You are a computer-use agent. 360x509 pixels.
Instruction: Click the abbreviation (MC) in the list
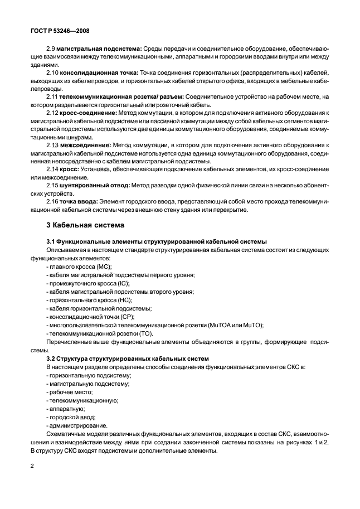104,267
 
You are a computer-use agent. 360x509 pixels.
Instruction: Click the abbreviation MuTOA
222,324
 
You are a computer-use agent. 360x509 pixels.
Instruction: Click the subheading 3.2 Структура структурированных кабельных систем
127,358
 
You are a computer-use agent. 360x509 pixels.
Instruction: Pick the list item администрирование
71,425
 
